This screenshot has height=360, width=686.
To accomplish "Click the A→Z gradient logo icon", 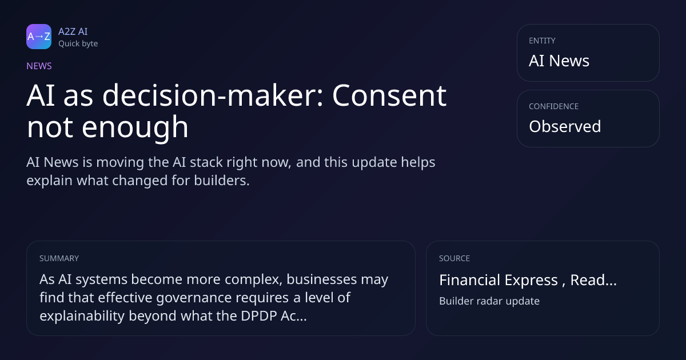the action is click(x=39, y=37).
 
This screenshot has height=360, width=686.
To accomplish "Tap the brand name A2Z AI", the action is click(x=73, y=31).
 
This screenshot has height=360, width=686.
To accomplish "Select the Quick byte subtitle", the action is click(x=78, y=44).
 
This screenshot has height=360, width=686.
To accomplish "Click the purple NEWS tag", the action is click(x=39, y=66).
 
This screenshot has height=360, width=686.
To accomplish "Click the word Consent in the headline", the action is click(x=389, y=96).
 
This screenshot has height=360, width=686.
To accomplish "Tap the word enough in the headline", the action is click(x=135, y=127).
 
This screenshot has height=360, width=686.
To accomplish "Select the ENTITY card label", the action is click(x=542, y=41).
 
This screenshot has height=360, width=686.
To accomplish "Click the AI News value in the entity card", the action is click(x=559, y=61).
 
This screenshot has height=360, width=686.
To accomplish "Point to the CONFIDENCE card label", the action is click(x=554, y=106).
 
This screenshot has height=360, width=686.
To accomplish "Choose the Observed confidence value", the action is click(x=565, y=126).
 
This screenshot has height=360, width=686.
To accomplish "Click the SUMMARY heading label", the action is click(x=59, y=258).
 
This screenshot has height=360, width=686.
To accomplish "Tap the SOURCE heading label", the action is click(x=454, y=258).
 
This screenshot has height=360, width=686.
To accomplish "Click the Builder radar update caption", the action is click(x=489, y=301).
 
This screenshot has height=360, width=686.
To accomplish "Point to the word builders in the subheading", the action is click(x=222, y=181).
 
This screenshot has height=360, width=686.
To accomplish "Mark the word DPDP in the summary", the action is click(x=259, y=316).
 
